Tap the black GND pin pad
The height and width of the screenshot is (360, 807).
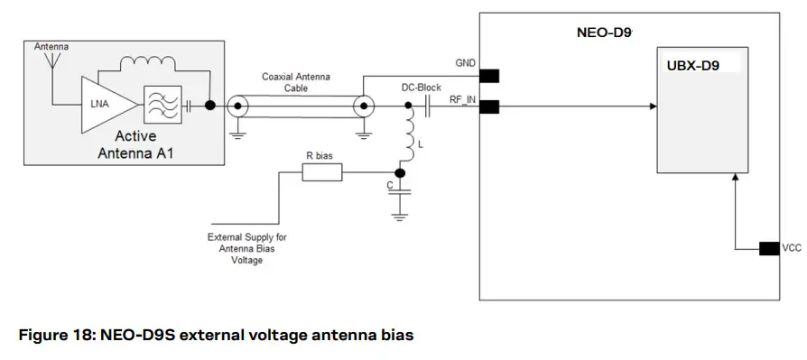tap(489, 76)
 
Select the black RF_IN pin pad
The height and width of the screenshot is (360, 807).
tap(489, 106)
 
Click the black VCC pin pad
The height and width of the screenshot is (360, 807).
tap(769, 248)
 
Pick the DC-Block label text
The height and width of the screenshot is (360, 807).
tap(422, 88)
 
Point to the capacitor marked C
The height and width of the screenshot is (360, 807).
tap(401, 191)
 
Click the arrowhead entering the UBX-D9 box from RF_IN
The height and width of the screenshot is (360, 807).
tap(653, 106)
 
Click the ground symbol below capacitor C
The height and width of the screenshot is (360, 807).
tap(401, 216)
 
